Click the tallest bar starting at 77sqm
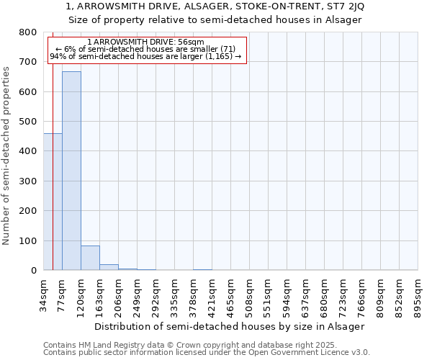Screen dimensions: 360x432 click(71, 171)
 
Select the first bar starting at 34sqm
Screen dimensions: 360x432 click(53, 202)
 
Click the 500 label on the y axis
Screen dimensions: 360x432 click(27, 122)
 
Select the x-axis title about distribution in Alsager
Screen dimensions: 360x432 click(230, 326)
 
